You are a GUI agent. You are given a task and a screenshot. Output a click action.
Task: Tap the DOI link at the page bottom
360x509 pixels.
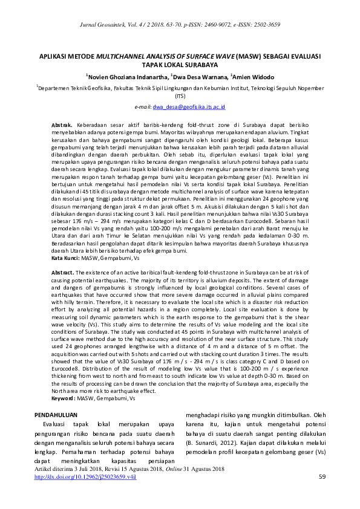point(86,477)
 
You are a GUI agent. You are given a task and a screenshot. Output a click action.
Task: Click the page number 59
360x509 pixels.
point(322,477)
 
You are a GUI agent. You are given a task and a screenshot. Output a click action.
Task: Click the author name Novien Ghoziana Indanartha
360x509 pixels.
point(127,77)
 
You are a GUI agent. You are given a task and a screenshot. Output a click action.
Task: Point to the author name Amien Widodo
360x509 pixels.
point(254,77)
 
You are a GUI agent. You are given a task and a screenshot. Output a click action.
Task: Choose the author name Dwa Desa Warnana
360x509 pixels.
point(200,77)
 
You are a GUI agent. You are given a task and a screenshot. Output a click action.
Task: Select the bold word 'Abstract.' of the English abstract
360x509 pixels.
point(63,273)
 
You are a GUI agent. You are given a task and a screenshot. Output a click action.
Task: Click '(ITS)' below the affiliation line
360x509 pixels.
point(180,96)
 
